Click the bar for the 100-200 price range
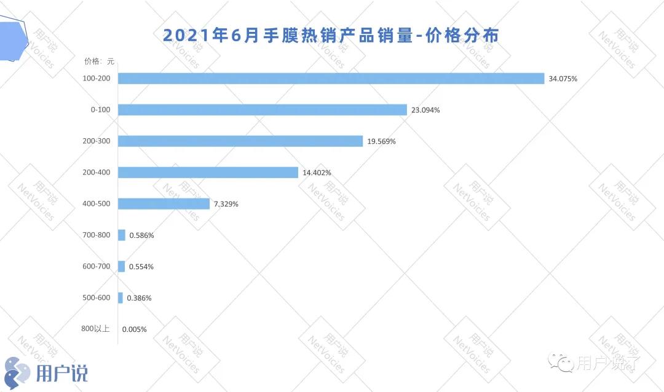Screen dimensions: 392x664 tap(331, 79)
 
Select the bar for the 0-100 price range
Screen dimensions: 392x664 tap(263, 110)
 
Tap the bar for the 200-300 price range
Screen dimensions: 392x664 tap(240, 141)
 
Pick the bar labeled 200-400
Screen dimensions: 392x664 tap(208, 173)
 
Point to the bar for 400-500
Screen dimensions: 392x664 tap(164, 204)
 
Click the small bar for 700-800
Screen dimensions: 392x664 tap(122, 235)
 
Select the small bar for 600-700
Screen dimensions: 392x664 tap(122, 267)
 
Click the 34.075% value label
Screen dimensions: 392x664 tap(563, 79)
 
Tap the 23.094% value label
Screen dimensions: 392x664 tap(425, 110)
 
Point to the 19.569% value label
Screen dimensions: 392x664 tap(381, 141)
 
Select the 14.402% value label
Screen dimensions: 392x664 tap(317, 173)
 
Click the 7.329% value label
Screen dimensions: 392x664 tap(226, 204)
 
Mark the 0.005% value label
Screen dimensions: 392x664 tap(134, 329)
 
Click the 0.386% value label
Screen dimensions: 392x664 tap(139, 298)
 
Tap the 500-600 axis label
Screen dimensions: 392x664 tap(96, 297)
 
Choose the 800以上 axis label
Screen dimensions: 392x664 tap(95, 329)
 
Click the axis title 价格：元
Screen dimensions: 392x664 tap(99, 61)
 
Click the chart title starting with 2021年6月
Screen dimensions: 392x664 tap(331, 34)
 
